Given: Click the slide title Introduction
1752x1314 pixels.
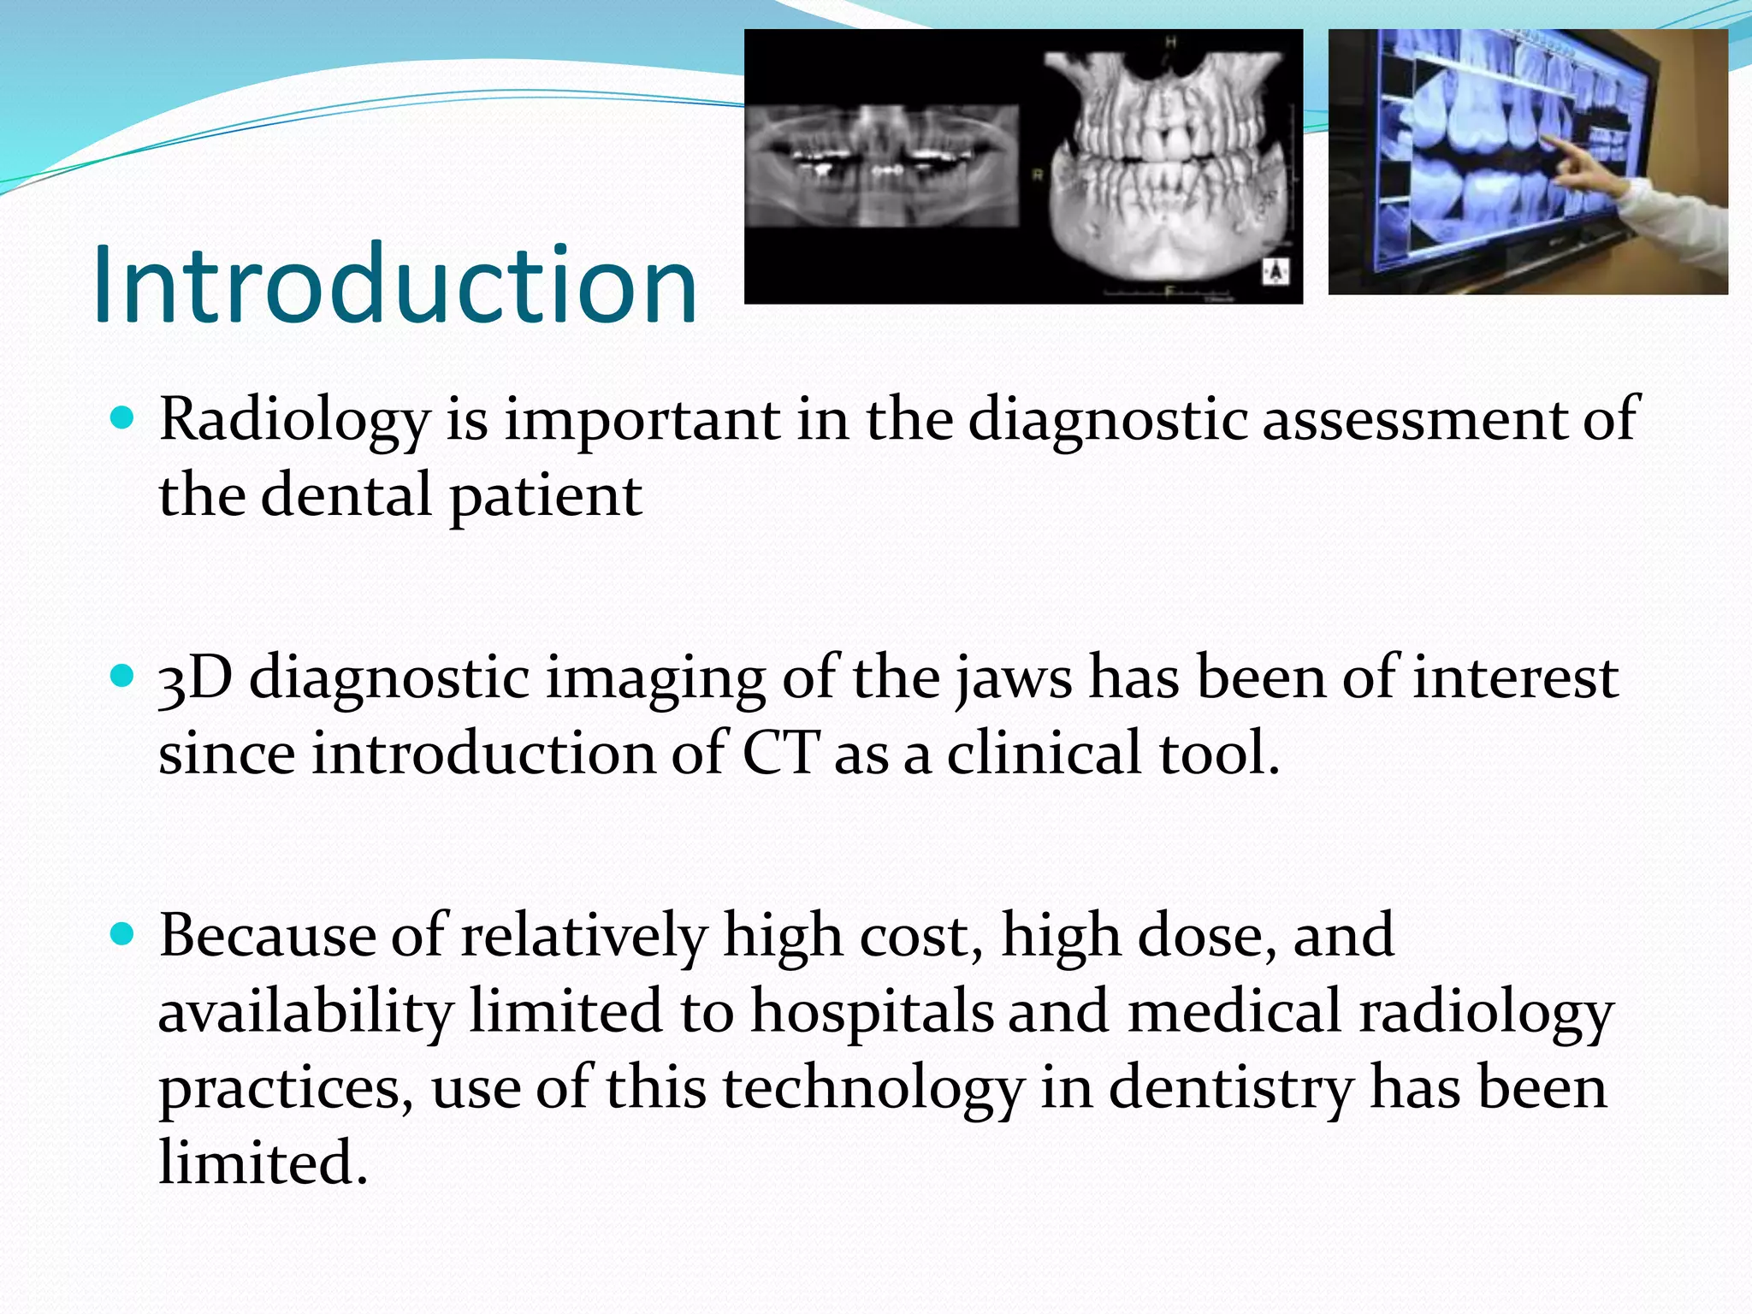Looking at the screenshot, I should point(395,284).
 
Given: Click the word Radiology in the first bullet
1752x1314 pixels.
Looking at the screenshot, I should point(293,421).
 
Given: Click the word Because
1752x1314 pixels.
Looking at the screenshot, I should point(267,936).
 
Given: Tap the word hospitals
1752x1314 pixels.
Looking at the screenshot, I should point(872,1012).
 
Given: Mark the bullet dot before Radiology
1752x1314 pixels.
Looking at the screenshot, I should point(124,419).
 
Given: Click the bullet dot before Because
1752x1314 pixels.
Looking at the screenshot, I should point(124,934).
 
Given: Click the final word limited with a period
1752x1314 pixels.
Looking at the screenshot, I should point(263,1163).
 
